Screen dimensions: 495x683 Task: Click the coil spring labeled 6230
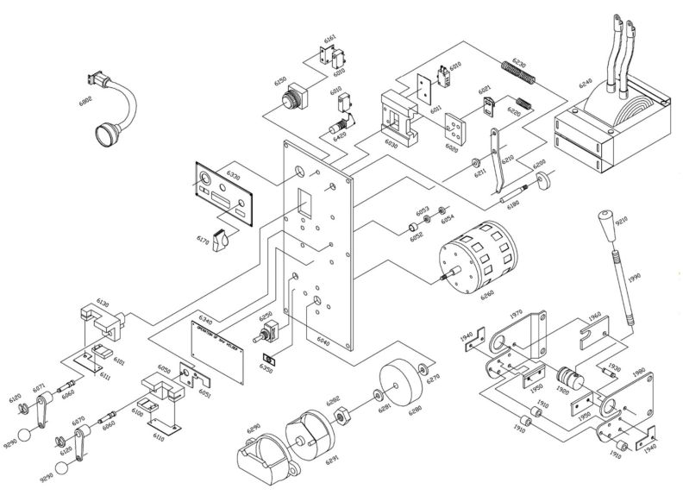(x=519, y=72)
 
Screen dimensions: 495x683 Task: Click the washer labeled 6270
(x=422, y=371)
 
